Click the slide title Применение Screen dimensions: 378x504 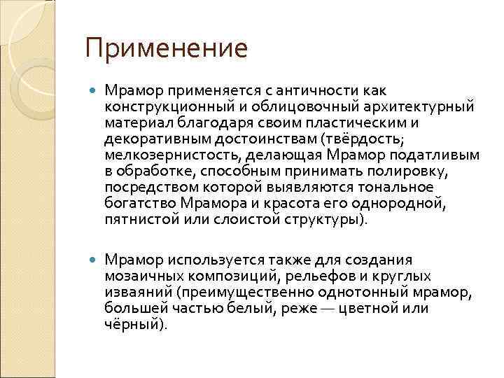coord(166,49)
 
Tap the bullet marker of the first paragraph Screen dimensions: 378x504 coord(94,91)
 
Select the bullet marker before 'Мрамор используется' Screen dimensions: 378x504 coord(94,260)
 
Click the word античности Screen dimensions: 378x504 coord(322,91)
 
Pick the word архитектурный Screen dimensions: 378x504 coord(422,106)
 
